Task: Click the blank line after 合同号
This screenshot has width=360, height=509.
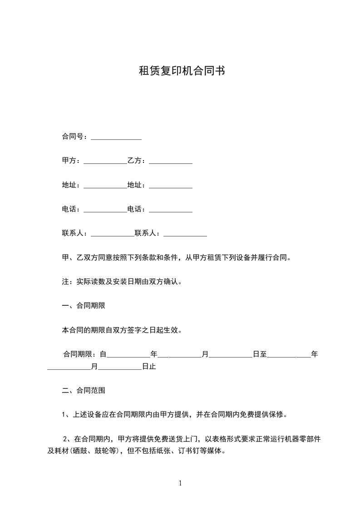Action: point(116,137)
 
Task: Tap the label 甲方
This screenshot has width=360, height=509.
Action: point(69,161)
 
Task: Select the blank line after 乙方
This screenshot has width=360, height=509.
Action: point(170,162)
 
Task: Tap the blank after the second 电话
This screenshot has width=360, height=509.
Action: point(170,210)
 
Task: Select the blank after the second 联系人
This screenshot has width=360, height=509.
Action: point(185,234)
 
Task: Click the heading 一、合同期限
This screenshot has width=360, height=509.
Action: point(84,306)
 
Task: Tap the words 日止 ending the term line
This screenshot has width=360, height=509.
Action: point(149,367)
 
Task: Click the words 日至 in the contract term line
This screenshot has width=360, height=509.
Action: point(260,354)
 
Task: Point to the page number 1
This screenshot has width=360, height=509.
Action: point(180,484)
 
